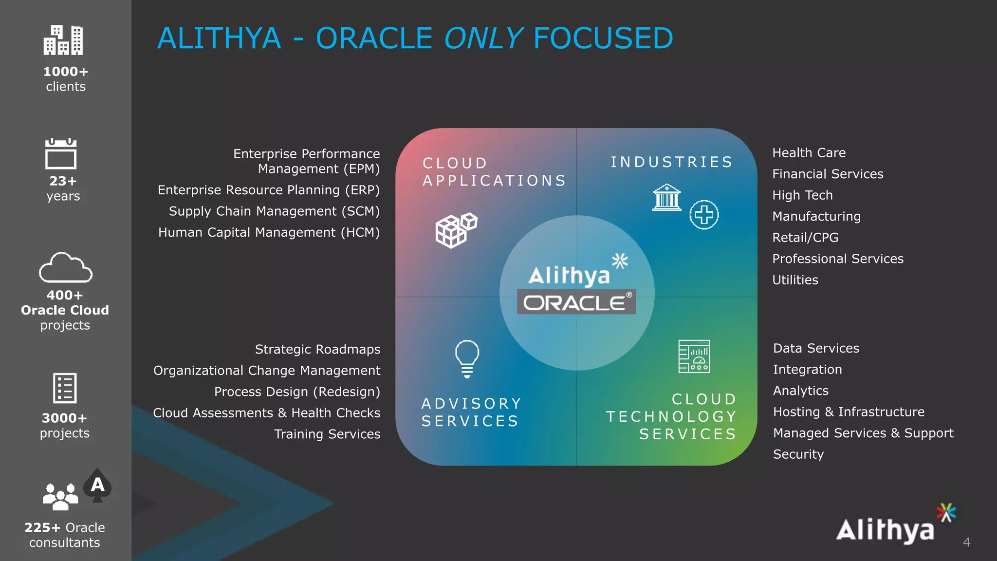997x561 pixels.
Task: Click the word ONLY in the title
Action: [x=483, y=38]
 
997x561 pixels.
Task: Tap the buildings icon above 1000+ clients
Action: [x=63, y=40]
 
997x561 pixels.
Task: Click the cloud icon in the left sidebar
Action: [x=66, y=268]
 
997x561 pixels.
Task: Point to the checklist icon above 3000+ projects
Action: [x=65, y=388]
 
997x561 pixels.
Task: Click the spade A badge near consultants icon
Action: [x=97, y=485]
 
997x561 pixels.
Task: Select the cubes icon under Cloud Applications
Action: [x=456, y=230]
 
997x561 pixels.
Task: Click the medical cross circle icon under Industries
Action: [x=704, y=215]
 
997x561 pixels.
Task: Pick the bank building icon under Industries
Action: [x=666, y=197]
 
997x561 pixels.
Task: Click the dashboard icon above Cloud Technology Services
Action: [x=694, y=356]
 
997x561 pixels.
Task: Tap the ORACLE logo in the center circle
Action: [x=576, y=302]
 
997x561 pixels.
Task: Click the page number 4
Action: [x=966, y=542]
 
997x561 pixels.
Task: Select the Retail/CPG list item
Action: [x=805, y=238]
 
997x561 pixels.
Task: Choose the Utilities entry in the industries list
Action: [x=795, y=280]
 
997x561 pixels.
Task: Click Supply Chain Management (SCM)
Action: [x=274, y=211]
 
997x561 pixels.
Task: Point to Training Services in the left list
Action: [x=327, y=434]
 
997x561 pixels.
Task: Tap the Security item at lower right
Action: [x=798, y=454]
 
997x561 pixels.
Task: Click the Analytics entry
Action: [x=800, y=391]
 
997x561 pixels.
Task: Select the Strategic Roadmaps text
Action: [x=317, y=350]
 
